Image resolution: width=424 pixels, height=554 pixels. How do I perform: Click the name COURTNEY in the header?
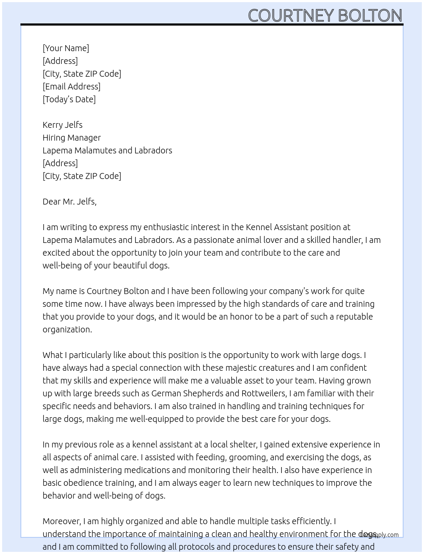tap(291, 16)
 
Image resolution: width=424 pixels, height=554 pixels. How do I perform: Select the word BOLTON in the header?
tap(370, 16)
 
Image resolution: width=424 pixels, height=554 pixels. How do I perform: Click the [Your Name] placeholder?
tap(66, 48)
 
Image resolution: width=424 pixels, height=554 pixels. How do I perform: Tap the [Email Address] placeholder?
tap(72, 87)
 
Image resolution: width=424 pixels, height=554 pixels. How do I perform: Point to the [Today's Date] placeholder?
tap(69, 99)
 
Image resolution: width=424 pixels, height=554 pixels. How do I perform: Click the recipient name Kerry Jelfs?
tap(63, 125)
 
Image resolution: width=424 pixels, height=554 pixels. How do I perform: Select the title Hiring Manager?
tap(72, 138)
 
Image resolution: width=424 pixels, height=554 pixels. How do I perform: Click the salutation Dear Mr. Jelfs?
tap(69, 202)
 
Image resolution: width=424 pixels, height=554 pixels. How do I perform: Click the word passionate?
tap(217, 240)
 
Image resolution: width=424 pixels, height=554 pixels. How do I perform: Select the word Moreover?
tap(62, 521)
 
